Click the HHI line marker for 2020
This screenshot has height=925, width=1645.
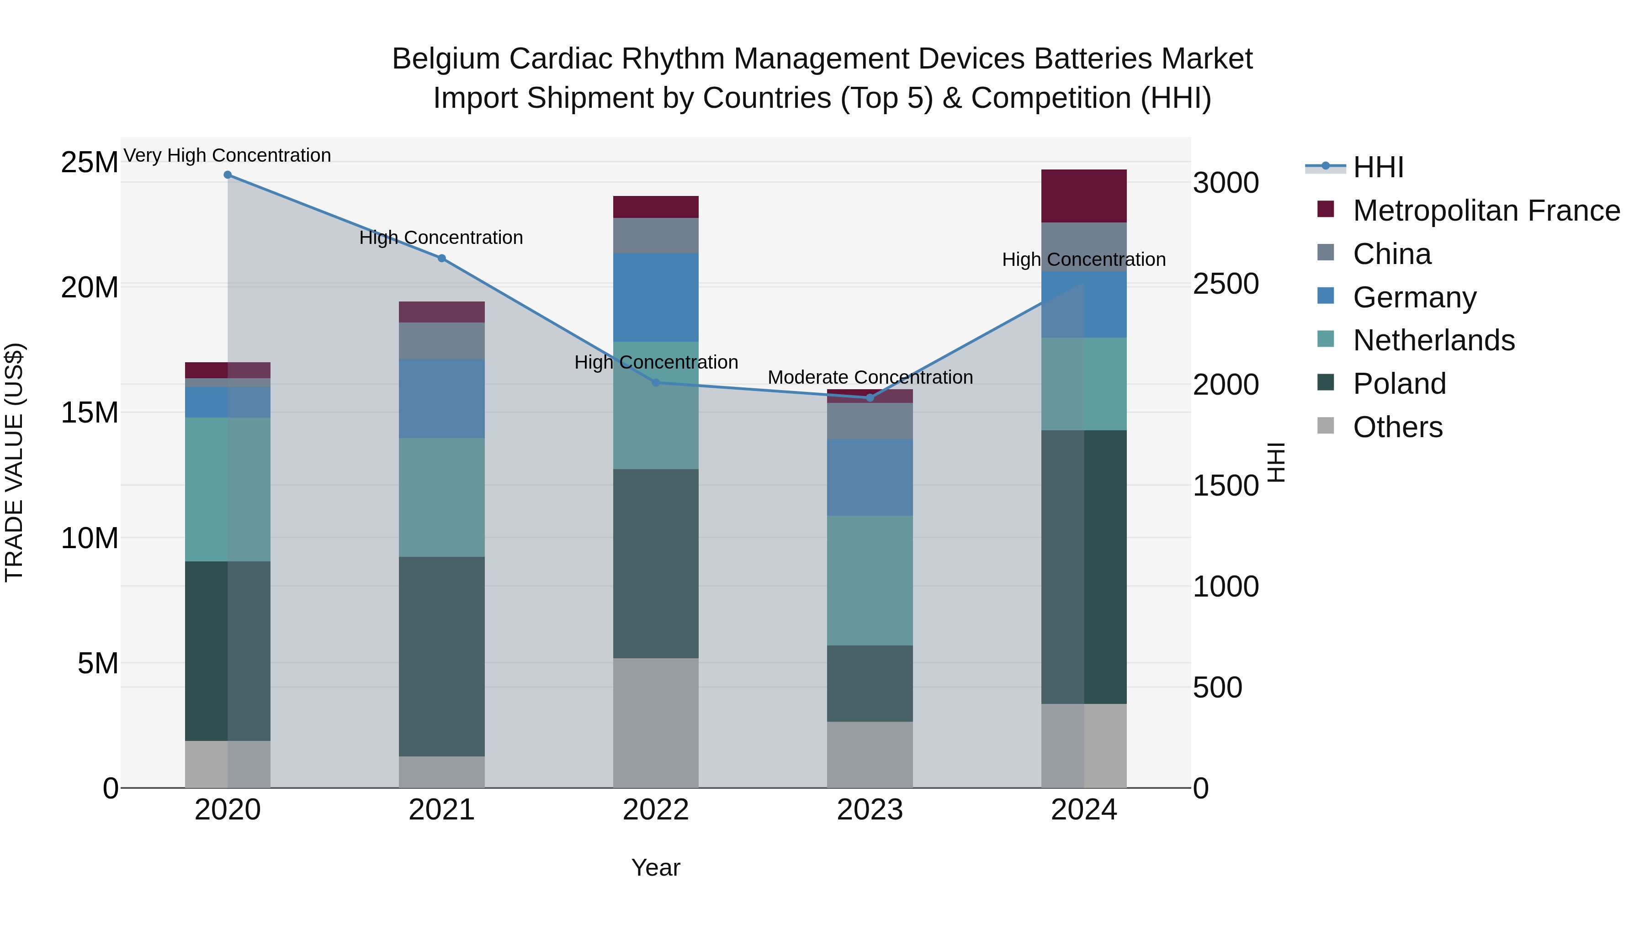click(x=228, y=175)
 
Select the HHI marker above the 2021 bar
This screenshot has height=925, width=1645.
click(x=441, y=259)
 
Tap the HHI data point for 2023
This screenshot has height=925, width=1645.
click(x=869, y=398)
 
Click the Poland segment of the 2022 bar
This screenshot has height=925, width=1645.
click(x=655, y=563)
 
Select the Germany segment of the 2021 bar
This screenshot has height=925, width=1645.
click(x=441, y=398)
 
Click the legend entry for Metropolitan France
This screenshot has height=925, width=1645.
click(x=1486, y=211)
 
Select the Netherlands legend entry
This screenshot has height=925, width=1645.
click(x=1433, y=340)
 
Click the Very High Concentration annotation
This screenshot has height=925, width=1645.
click(x=228, y=155)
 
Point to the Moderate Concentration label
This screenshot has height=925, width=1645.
click(x=870, y=377)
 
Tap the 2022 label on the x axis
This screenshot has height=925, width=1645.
click(x=655, y=810)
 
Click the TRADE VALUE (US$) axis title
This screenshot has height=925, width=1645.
click(x=14, y=462)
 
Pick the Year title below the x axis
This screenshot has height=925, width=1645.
click(x=655, y=867)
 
